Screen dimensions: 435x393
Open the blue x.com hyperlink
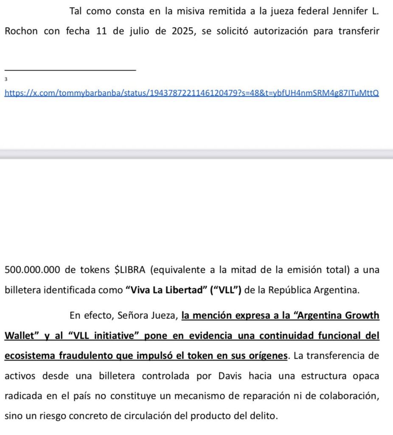[191, 93]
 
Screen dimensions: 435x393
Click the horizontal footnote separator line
[70, 70]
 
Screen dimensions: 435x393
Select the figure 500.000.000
[32, 270]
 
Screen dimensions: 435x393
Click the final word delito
[264, 415]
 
